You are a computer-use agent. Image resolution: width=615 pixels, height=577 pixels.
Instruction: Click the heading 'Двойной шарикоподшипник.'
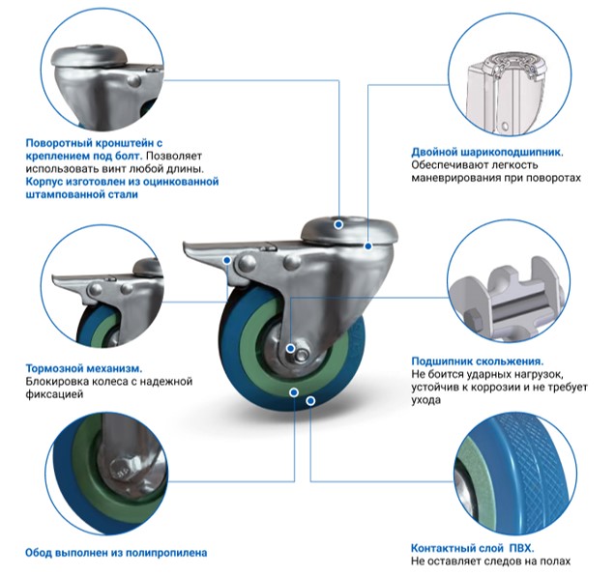click(487, 152)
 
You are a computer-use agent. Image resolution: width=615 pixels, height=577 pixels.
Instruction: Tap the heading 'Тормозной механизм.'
click(84, 368)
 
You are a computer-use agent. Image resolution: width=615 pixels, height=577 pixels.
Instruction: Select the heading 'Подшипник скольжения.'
click(478, 361)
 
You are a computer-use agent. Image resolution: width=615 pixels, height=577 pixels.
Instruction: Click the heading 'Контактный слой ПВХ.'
click(472, 548)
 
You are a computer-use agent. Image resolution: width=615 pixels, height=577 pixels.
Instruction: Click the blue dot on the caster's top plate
click(338, 224)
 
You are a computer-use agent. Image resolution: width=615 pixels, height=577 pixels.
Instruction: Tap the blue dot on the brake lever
click(226, 260)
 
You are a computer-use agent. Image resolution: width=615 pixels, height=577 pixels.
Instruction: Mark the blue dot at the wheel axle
click(290, 348)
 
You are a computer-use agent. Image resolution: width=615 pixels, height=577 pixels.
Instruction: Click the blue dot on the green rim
click(294, 392)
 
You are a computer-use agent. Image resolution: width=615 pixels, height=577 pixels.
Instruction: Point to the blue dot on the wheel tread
click(310, 401)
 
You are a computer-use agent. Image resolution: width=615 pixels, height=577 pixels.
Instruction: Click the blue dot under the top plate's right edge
click(367, 246)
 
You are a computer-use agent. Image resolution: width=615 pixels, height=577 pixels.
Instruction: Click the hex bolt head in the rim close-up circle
click(120, 469)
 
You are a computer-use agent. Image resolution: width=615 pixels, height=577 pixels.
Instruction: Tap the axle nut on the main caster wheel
click(302, 355)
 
